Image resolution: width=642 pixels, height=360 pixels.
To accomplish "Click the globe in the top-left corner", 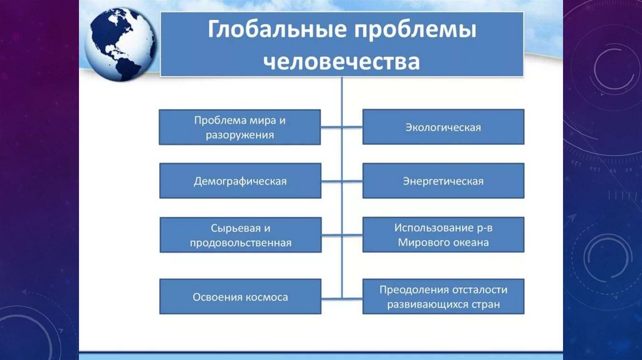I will tap(120, 43).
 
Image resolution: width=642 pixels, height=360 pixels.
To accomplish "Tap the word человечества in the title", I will tap(341, 63).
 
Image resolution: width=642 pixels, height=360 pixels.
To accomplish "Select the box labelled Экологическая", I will tap(443, 127).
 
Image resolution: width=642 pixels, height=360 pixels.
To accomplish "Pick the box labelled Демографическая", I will tap(240, 181).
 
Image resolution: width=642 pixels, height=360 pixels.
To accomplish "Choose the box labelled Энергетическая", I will tap(443, 181).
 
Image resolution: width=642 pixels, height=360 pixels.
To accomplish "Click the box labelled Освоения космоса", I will tap(240, 297).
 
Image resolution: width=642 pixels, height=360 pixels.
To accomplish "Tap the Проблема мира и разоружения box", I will tap(240, 127).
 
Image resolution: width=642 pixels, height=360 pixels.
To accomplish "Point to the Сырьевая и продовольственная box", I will tap(240, 235).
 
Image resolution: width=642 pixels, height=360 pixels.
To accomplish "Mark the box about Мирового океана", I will tap(443, 235).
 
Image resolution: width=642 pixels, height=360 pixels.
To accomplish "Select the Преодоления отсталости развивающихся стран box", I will tap(443, 297).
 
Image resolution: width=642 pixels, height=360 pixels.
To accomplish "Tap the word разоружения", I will tap(240, 135).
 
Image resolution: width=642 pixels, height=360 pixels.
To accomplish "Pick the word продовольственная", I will tap(240, 243).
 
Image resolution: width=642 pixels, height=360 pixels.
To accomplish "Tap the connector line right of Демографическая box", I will tap(332, 181).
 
